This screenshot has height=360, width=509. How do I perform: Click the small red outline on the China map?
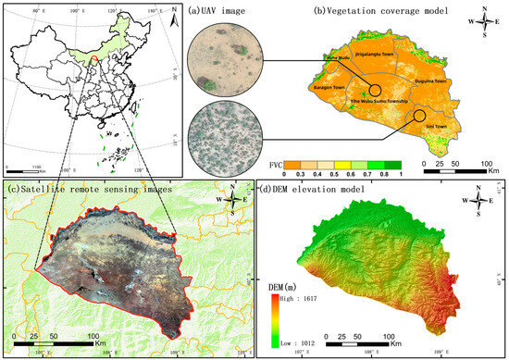(x=93, y=60)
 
